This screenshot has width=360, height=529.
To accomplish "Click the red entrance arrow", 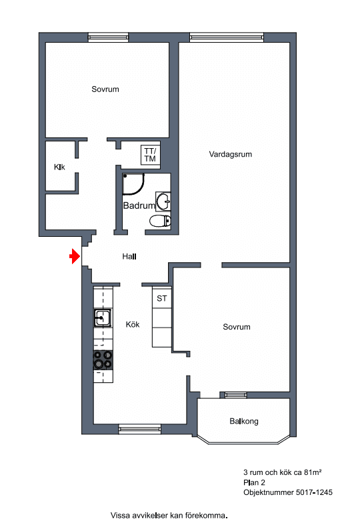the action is click(x=75, y=256).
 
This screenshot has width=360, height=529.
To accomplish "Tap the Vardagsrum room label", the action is click(x=230, y=155).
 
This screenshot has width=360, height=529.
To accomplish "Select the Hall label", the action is click(x=129, y=256).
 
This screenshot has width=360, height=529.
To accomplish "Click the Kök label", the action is click(x=133, y=325).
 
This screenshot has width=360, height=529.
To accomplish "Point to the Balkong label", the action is click(x=244, y=422).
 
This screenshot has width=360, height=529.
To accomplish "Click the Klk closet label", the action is click(x=59, y=167).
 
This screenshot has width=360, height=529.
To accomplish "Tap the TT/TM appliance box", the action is click(x=150, y=155).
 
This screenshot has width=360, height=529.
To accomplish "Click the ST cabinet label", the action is click(x=162, y=298).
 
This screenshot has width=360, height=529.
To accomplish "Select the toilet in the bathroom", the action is click(x=160, y=221).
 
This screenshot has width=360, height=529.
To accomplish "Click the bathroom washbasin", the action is click(x=163, y=201).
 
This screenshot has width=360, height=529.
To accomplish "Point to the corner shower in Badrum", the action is click(x=133, y=184).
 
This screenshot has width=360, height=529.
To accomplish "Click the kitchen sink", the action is click(x=102, y=318).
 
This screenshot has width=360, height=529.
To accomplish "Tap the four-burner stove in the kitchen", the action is click(x=103, y=360).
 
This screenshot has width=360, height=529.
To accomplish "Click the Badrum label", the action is click(x=139, y=205).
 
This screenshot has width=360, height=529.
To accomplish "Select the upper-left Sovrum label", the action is click(x=105, y=89).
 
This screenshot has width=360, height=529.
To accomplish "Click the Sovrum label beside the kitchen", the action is click(x=237, y=327).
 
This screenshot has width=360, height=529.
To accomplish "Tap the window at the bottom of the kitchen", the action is click(x=140, y=429).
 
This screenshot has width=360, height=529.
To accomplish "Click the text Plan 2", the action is click(x=254, y=482).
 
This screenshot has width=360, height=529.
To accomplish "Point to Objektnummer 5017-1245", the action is click(x=288, y=492).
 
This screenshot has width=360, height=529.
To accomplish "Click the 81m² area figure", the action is click(x=313, y=472).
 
